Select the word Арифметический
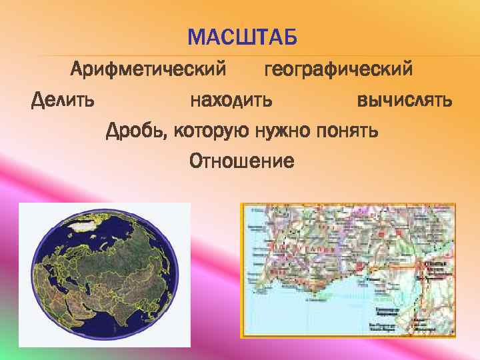148,69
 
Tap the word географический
338,69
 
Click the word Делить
63,101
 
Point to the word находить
231,101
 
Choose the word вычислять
405,101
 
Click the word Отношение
241,161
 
